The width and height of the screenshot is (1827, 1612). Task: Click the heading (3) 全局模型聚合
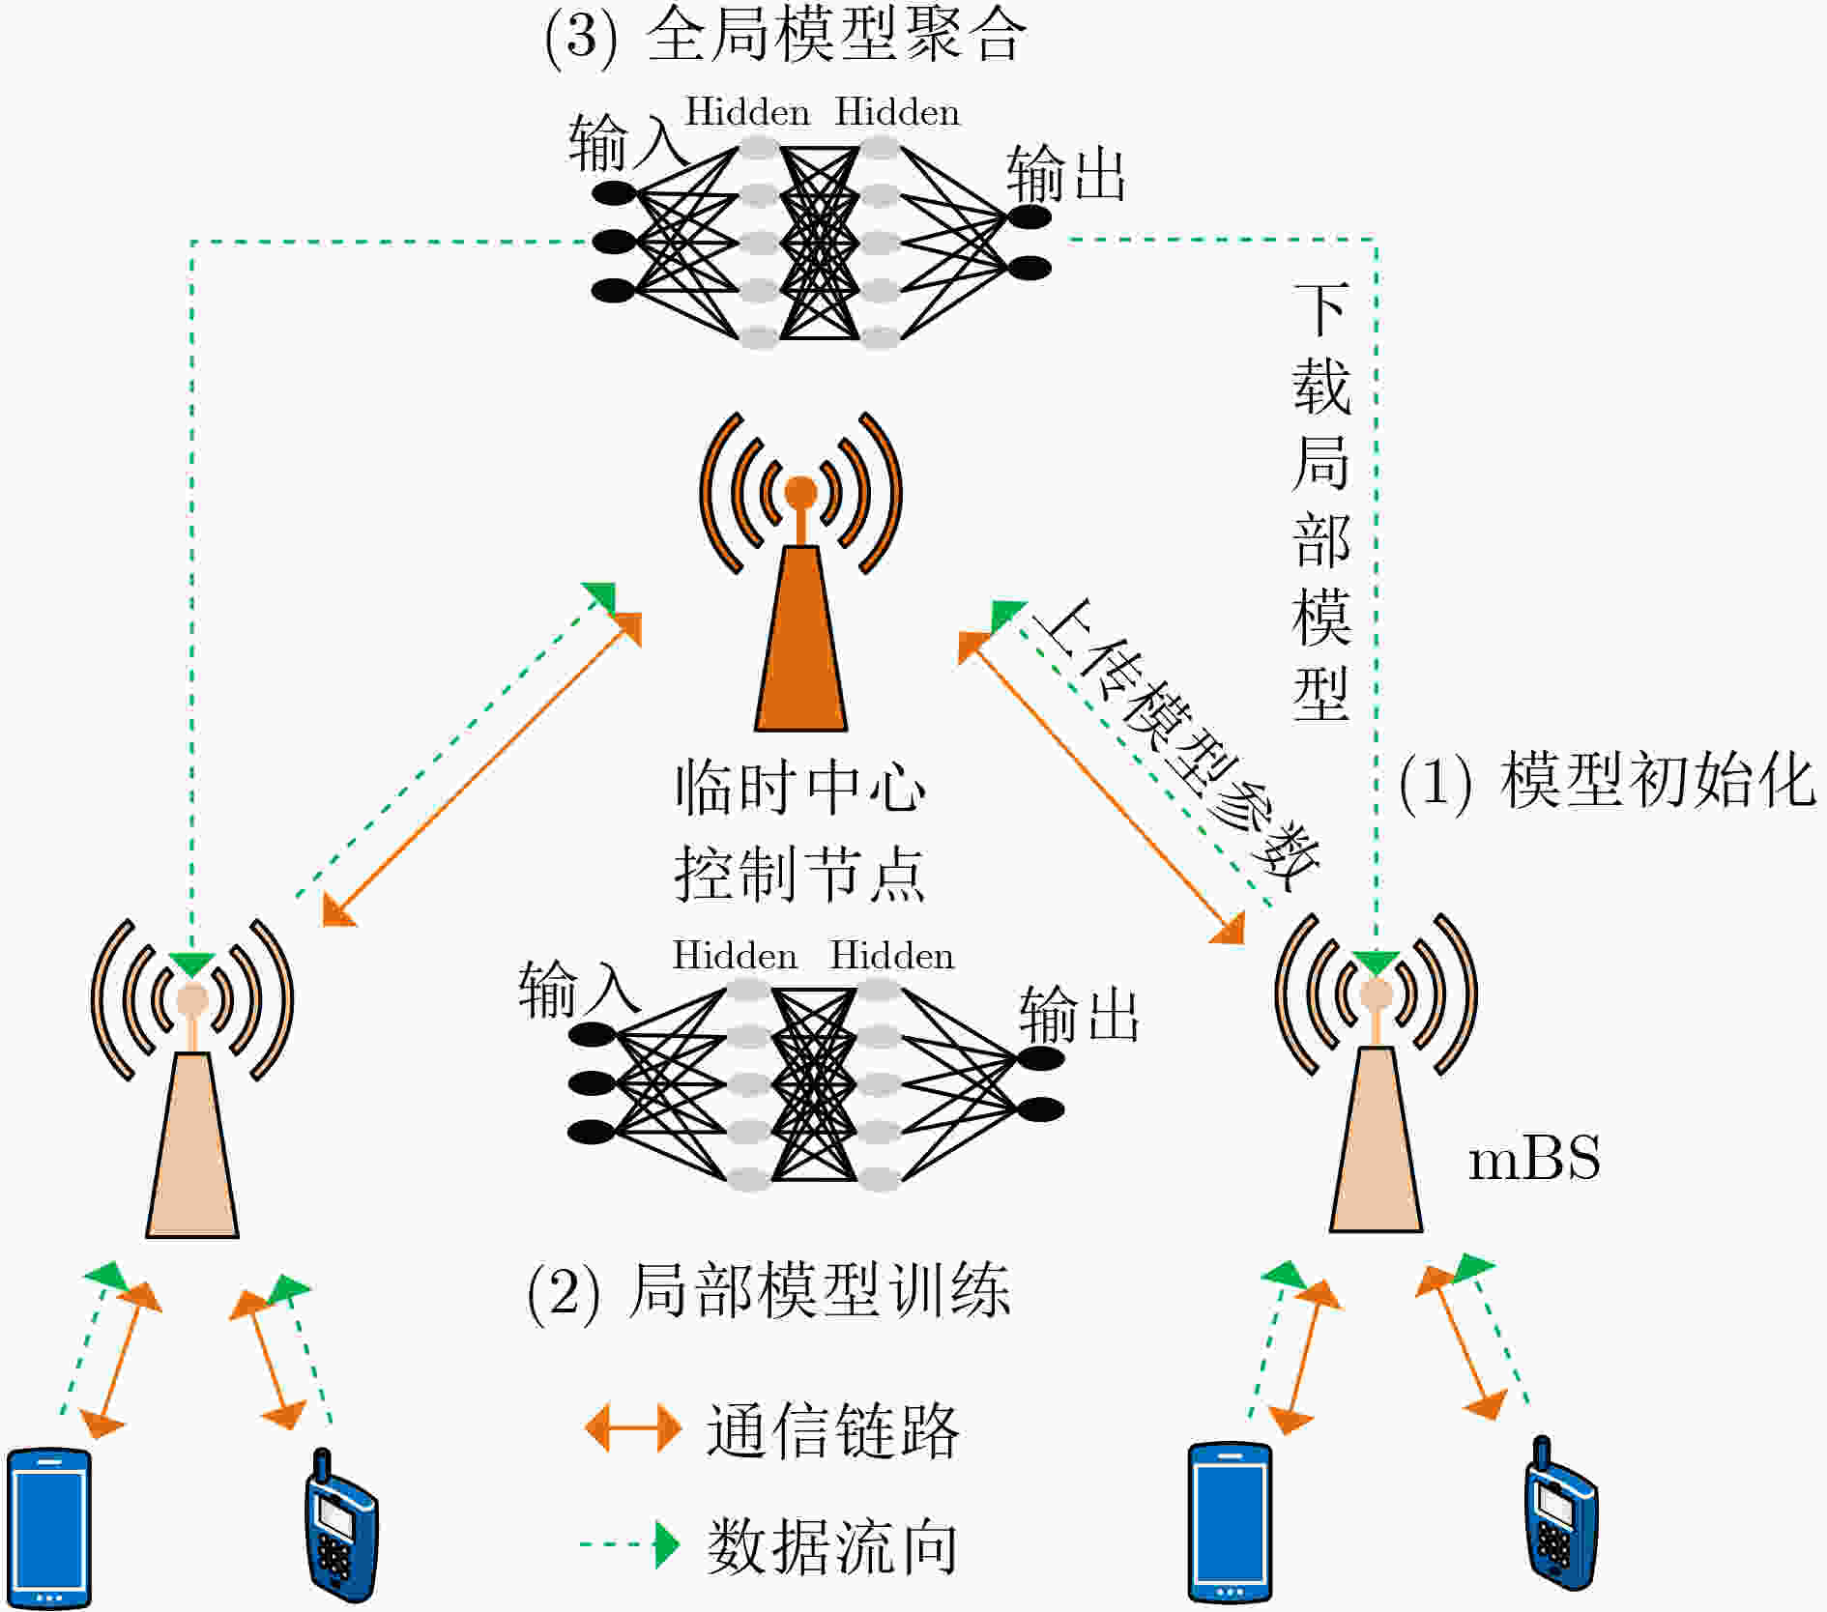pyautogui.click(x=785, y=37)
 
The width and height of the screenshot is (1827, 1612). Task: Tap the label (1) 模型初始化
pyautogui.click(x=1608, y=780)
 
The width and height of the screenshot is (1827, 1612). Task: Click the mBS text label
pyautogui.click(x=1534, y=1159)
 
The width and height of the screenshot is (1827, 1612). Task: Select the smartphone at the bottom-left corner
pyautogui.click(x=48, y=1528)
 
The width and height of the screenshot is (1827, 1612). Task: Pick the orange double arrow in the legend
pyautogui.click(x=633, y=1427)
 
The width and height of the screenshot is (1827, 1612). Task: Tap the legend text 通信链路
pyautogui.click(x=832, y=1430)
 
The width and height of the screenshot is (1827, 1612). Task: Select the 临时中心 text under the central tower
pyautogui.click(x=800, y=787)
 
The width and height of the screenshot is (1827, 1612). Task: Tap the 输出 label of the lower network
pyautogui.click(x=1080, y=1015)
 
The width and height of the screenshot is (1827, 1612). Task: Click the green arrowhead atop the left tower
pyautogui.click(x=191, y=964)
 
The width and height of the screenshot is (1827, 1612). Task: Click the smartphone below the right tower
pyautogui.click(x=1230, y=1522)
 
